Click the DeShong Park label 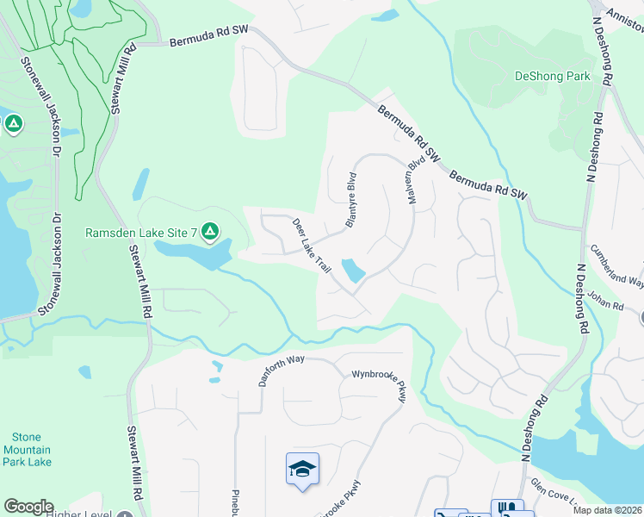(552, 76)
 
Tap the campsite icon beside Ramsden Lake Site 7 (210, 232)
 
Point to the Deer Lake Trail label (312, 246)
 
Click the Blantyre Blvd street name (350, 200)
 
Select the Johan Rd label (606, 304)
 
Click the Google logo (28, 507)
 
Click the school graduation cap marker (302, 469)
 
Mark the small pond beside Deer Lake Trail (352, 270)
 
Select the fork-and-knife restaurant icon (507, 508)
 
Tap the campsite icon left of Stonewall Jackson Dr (13, 124)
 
